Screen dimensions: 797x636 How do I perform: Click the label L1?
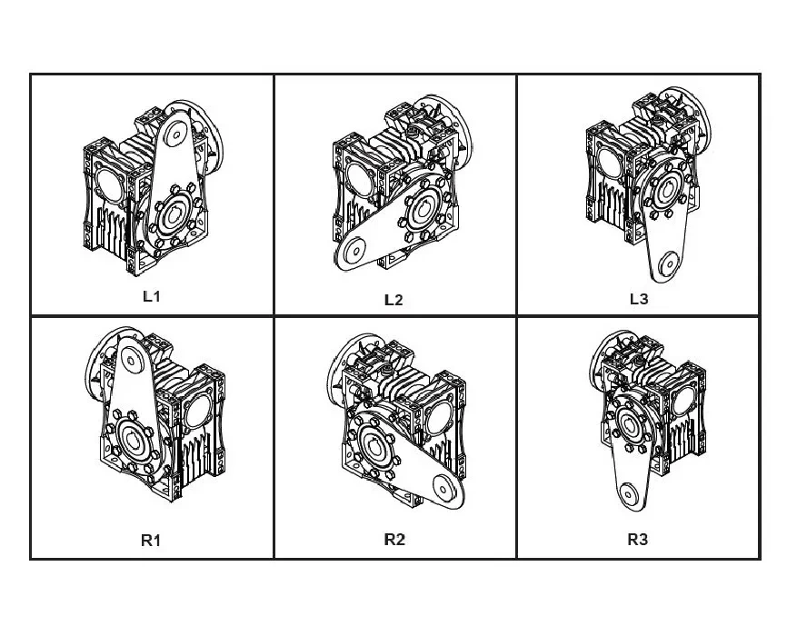[152, 296]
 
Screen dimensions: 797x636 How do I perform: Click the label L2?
[394, 300]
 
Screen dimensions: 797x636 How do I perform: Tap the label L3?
[639, 299]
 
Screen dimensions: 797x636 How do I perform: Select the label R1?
[151, 540]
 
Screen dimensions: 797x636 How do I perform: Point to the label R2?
[394, 539]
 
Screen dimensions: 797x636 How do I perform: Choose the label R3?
[637, 539]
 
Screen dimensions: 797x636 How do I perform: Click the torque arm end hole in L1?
[177, 135]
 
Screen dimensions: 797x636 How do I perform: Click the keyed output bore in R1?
[134, 440]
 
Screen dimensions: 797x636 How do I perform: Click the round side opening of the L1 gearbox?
[108, 184]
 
